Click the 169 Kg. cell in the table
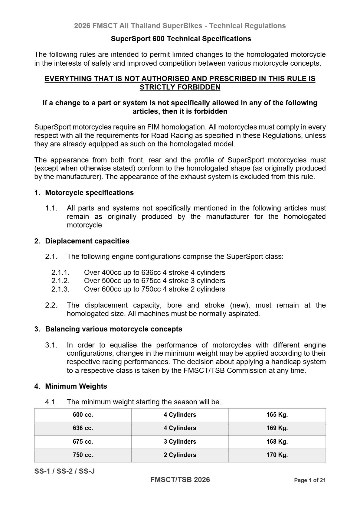click(x=277, y=428)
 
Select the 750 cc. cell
click(x=83, y=455)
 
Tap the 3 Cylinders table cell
click(x=180, y=442)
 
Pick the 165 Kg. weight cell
click(x=277, y=415)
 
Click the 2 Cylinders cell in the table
click(x=180, y=455)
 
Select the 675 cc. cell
click(x=83, y=442)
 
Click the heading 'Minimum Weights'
click(x=76, y=386)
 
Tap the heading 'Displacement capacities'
click(x=87, y=241)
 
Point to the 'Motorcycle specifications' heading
click(x=89, y=193)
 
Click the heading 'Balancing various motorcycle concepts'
click(x=113, y=329)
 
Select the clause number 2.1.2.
click(x=60, y=281)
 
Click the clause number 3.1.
click(x=51, y=345)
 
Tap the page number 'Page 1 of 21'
click(x=309, y=480)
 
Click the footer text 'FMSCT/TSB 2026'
click(x=180, y=480)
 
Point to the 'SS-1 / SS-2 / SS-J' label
click(x=64, y=471)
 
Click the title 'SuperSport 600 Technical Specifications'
click(x=181, y=39)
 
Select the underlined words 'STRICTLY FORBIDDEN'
click(x=180, y=87)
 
